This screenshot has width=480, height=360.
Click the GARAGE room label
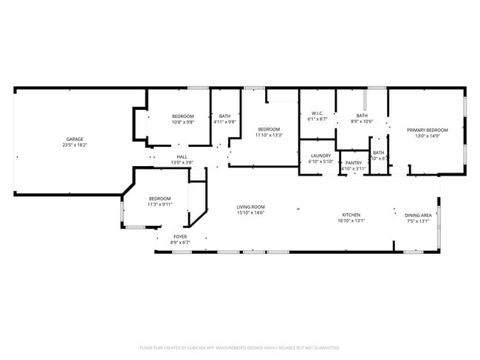(x=75, y=139)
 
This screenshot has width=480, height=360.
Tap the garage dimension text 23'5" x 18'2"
(x=75, y=145)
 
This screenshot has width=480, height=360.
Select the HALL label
(x=182, y=156)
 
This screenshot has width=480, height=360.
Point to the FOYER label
(x=180, y=237)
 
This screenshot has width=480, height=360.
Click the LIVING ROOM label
(x=250, y=207)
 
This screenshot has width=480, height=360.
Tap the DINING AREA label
(x=419, y=215)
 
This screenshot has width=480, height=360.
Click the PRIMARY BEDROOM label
(x=428, y=130)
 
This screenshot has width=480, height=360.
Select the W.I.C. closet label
(x=317, y=113)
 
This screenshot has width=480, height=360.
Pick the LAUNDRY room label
(x=320, y=156)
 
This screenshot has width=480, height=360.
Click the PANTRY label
(x=354, y=162)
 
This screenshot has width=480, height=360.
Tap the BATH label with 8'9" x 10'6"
(x=362, y=115)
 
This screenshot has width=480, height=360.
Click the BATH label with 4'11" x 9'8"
(x=224, y=116)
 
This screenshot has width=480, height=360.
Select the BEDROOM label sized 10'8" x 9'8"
(x=182, y=116)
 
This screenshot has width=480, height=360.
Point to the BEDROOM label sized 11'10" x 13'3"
(x=269, y=129)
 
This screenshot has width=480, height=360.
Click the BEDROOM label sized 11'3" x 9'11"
(x=160, y=198)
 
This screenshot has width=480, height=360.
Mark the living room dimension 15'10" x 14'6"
(x=250, y=212)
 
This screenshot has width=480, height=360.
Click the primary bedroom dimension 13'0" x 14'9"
(x=428, y=136)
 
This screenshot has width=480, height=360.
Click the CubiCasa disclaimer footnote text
(x=239, y=347)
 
